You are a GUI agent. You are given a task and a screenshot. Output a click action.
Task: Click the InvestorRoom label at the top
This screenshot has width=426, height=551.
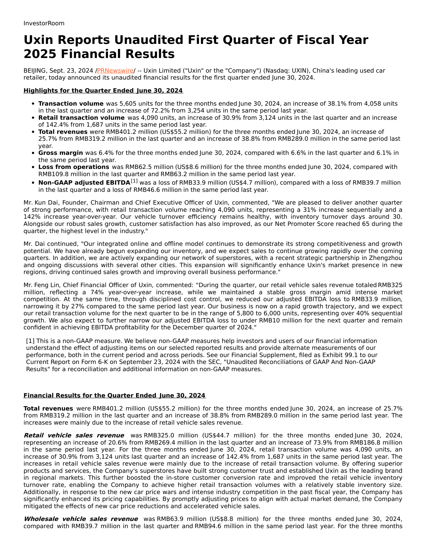[x=44, y=23]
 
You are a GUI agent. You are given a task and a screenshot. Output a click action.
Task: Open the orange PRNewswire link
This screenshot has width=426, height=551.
[x=115, y=71]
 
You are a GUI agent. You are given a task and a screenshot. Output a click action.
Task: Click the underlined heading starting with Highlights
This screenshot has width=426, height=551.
[x=103, y=90]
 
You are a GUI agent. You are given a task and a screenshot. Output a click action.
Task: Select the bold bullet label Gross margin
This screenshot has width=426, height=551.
[x=60, y=153]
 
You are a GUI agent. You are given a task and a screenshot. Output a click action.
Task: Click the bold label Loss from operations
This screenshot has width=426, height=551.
[x=73, y=167]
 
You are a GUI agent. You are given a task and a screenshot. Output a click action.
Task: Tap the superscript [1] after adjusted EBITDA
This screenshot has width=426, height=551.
[x=134, y=181]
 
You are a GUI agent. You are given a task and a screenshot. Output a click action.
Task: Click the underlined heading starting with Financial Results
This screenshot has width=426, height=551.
[x=114, y=395]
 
